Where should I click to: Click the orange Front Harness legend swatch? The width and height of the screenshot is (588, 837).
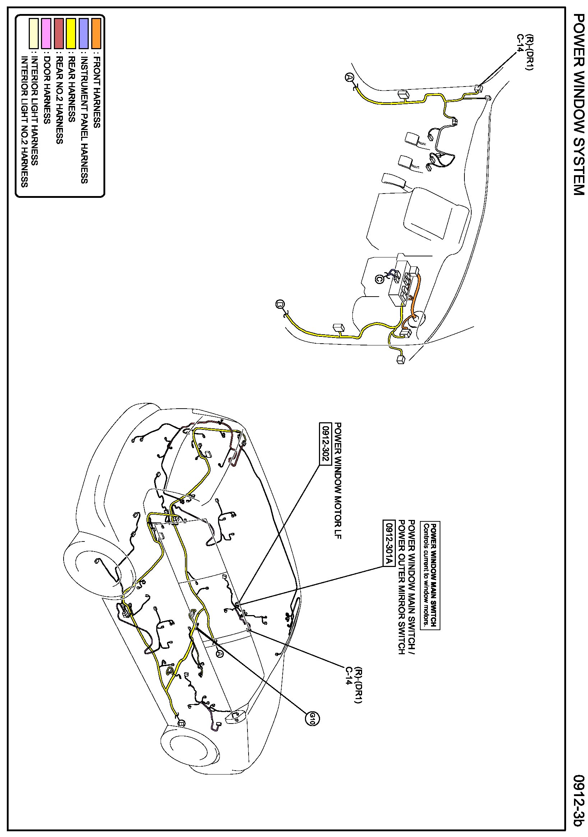96,33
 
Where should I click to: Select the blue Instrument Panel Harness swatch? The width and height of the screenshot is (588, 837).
84,33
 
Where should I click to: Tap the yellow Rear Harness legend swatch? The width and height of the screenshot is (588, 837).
71,33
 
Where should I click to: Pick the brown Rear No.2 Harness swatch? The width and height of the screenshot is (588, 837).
58,33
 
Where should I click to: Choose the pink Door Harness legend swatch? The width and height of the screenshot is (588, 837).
46,33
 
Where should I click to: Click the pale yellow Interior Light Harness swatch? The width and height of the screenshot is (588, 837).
33,33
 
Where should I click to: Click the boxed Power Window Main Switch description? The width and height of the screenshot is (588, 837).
430,576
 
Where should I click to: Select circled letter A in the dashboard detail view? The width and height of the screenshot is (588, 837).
349,77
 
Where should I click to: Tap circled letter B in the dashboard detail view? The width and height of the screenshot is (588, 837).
280,304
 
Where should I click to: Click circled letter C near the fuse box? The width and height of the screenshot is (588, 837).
379,279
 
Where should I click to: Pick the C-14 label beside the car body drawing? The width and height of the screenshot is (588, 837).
349,675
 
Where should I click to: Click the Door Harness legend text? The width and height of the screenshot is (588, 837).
47,90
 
